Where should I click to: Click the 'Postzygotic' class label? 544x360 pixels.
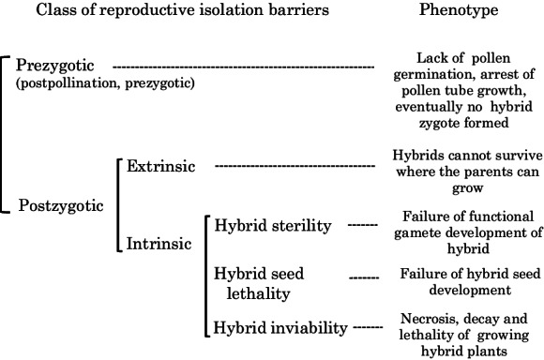[59, 205]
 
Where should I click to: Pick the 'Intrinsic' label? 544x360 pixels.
[159, 244]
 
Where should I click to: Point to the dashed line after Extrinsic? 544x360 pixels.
[295, 167]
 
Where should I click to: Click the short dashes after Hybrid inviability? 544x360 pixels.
[367, 328]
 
